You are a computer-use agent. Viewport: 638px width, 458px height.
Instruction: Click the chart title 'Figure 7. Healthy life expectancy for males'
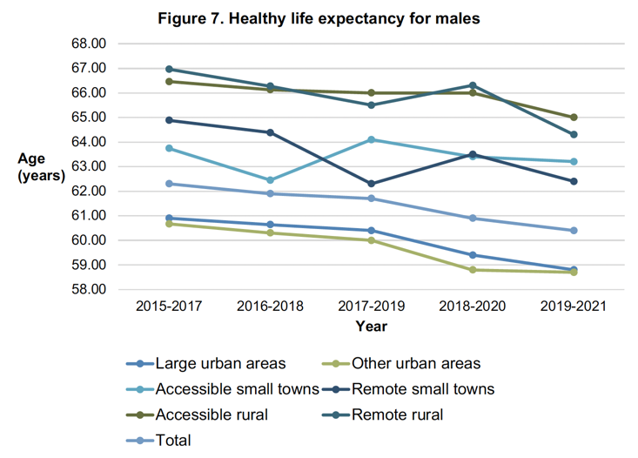[x=319, y=17]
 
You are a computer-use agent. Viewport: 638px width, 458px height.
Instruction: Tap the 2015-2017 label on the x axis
[x=169, y=306]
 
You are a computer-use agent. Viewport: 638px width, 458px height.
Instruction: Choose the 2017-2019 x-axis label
[x=371, y=306]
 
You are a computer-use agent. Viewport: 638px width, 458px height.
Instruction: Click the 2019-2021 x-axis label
[x=573, y=306]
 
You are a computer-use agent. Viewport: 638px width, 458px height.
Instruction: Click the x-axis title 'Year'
[x=371, y=327]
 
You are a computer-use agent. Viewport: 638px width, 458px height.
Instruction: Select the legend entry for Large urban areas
[x=218, y=364]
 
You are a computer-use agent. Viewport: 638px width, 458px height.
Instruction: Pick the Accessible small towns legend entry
[x=236, y=389]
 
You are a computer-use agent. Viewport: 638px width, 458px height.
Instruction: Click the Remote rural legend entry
[x=397, y=414]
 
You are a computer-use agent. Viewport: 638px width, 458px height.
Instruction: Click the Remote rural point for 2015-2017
[x=169, y=69]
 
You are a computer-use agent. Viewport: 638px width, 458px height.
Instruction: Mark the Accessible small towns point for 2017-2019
[x=371, y=139]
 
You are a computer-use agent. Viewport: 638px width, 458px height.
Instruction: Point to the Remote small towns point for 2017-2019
[x=371, y=184]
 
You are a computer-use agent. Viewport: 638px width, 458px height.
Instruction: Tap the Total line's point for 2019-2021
[x=573, y=230]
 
